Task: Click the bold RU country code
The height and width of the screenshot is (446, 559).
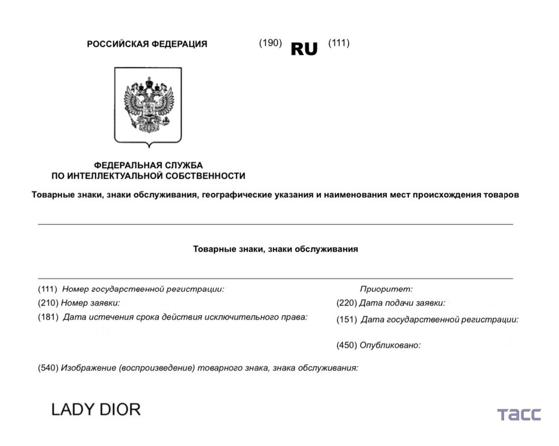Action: click(304, 49)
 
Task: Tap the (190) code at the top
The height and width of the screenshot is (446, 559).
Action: click(270, 43)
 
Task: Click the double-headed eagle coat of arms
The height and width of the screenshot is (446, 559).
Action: click(148, 105)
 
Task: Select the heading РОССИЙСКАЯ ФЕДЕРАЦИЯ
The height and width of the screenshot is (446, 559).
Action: click(147, 44)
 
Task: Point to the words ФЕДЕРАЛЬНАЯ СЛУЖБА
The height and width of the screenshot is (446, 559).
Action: click(148, 165)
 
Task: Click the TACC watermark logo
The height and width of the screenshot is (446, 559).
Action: click(519, 415)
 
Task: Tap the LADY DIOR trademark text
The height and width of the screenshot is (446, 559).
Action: click(96, 409)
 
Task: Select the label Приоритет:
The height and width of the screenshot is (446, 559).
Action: click(386, 289)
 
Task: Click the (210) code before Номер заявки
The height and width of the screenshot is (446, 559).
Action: click(48, 303)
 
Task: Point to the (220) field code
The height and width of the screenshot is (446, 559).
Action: click(346, 303)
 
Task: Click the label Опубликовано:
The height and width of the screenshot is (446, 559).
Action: click(390, 345)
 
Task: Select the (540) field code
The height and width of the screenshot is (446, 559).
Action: click(48, 368)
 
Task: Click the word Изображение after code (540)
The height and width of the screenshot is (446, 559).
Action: click(89, 368)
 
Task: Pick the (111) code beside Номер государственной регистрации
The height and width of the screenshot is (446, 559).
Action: click(48, 289)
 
